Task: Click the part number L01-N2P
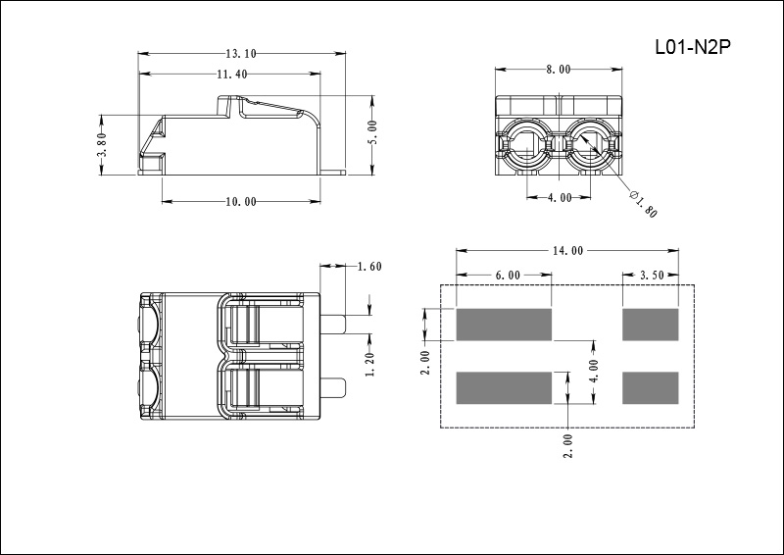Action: click(693, 47)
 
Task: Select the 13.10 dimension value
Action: click(241, 53)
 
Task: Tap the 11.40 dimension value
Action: click(232, 75)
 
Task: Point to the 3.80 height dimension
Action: click(102, 144)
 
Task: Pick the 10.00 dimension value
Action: click(241, 202)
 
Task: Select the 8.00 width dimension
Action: click(559, 69)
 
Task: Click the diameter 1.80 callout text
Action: click(643, 204)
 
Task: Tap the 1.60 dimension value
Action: click(370, 267)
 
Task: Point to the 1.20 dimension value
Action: click(370, 365)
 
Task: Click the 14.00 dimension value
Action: click(567, 250)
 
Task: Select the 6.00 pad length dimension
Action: click(508, 276)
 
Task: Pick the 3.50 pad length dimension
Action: click(652, 276)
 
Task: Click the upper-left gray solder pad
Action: click(504, 325)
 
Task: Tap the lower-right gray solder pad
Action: click(651, 388)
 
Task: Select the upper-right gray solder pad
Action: click(651, 325)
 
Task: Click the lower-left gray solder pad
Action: click(504, 388)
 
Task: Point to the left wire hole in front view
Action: click(527, 145)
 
